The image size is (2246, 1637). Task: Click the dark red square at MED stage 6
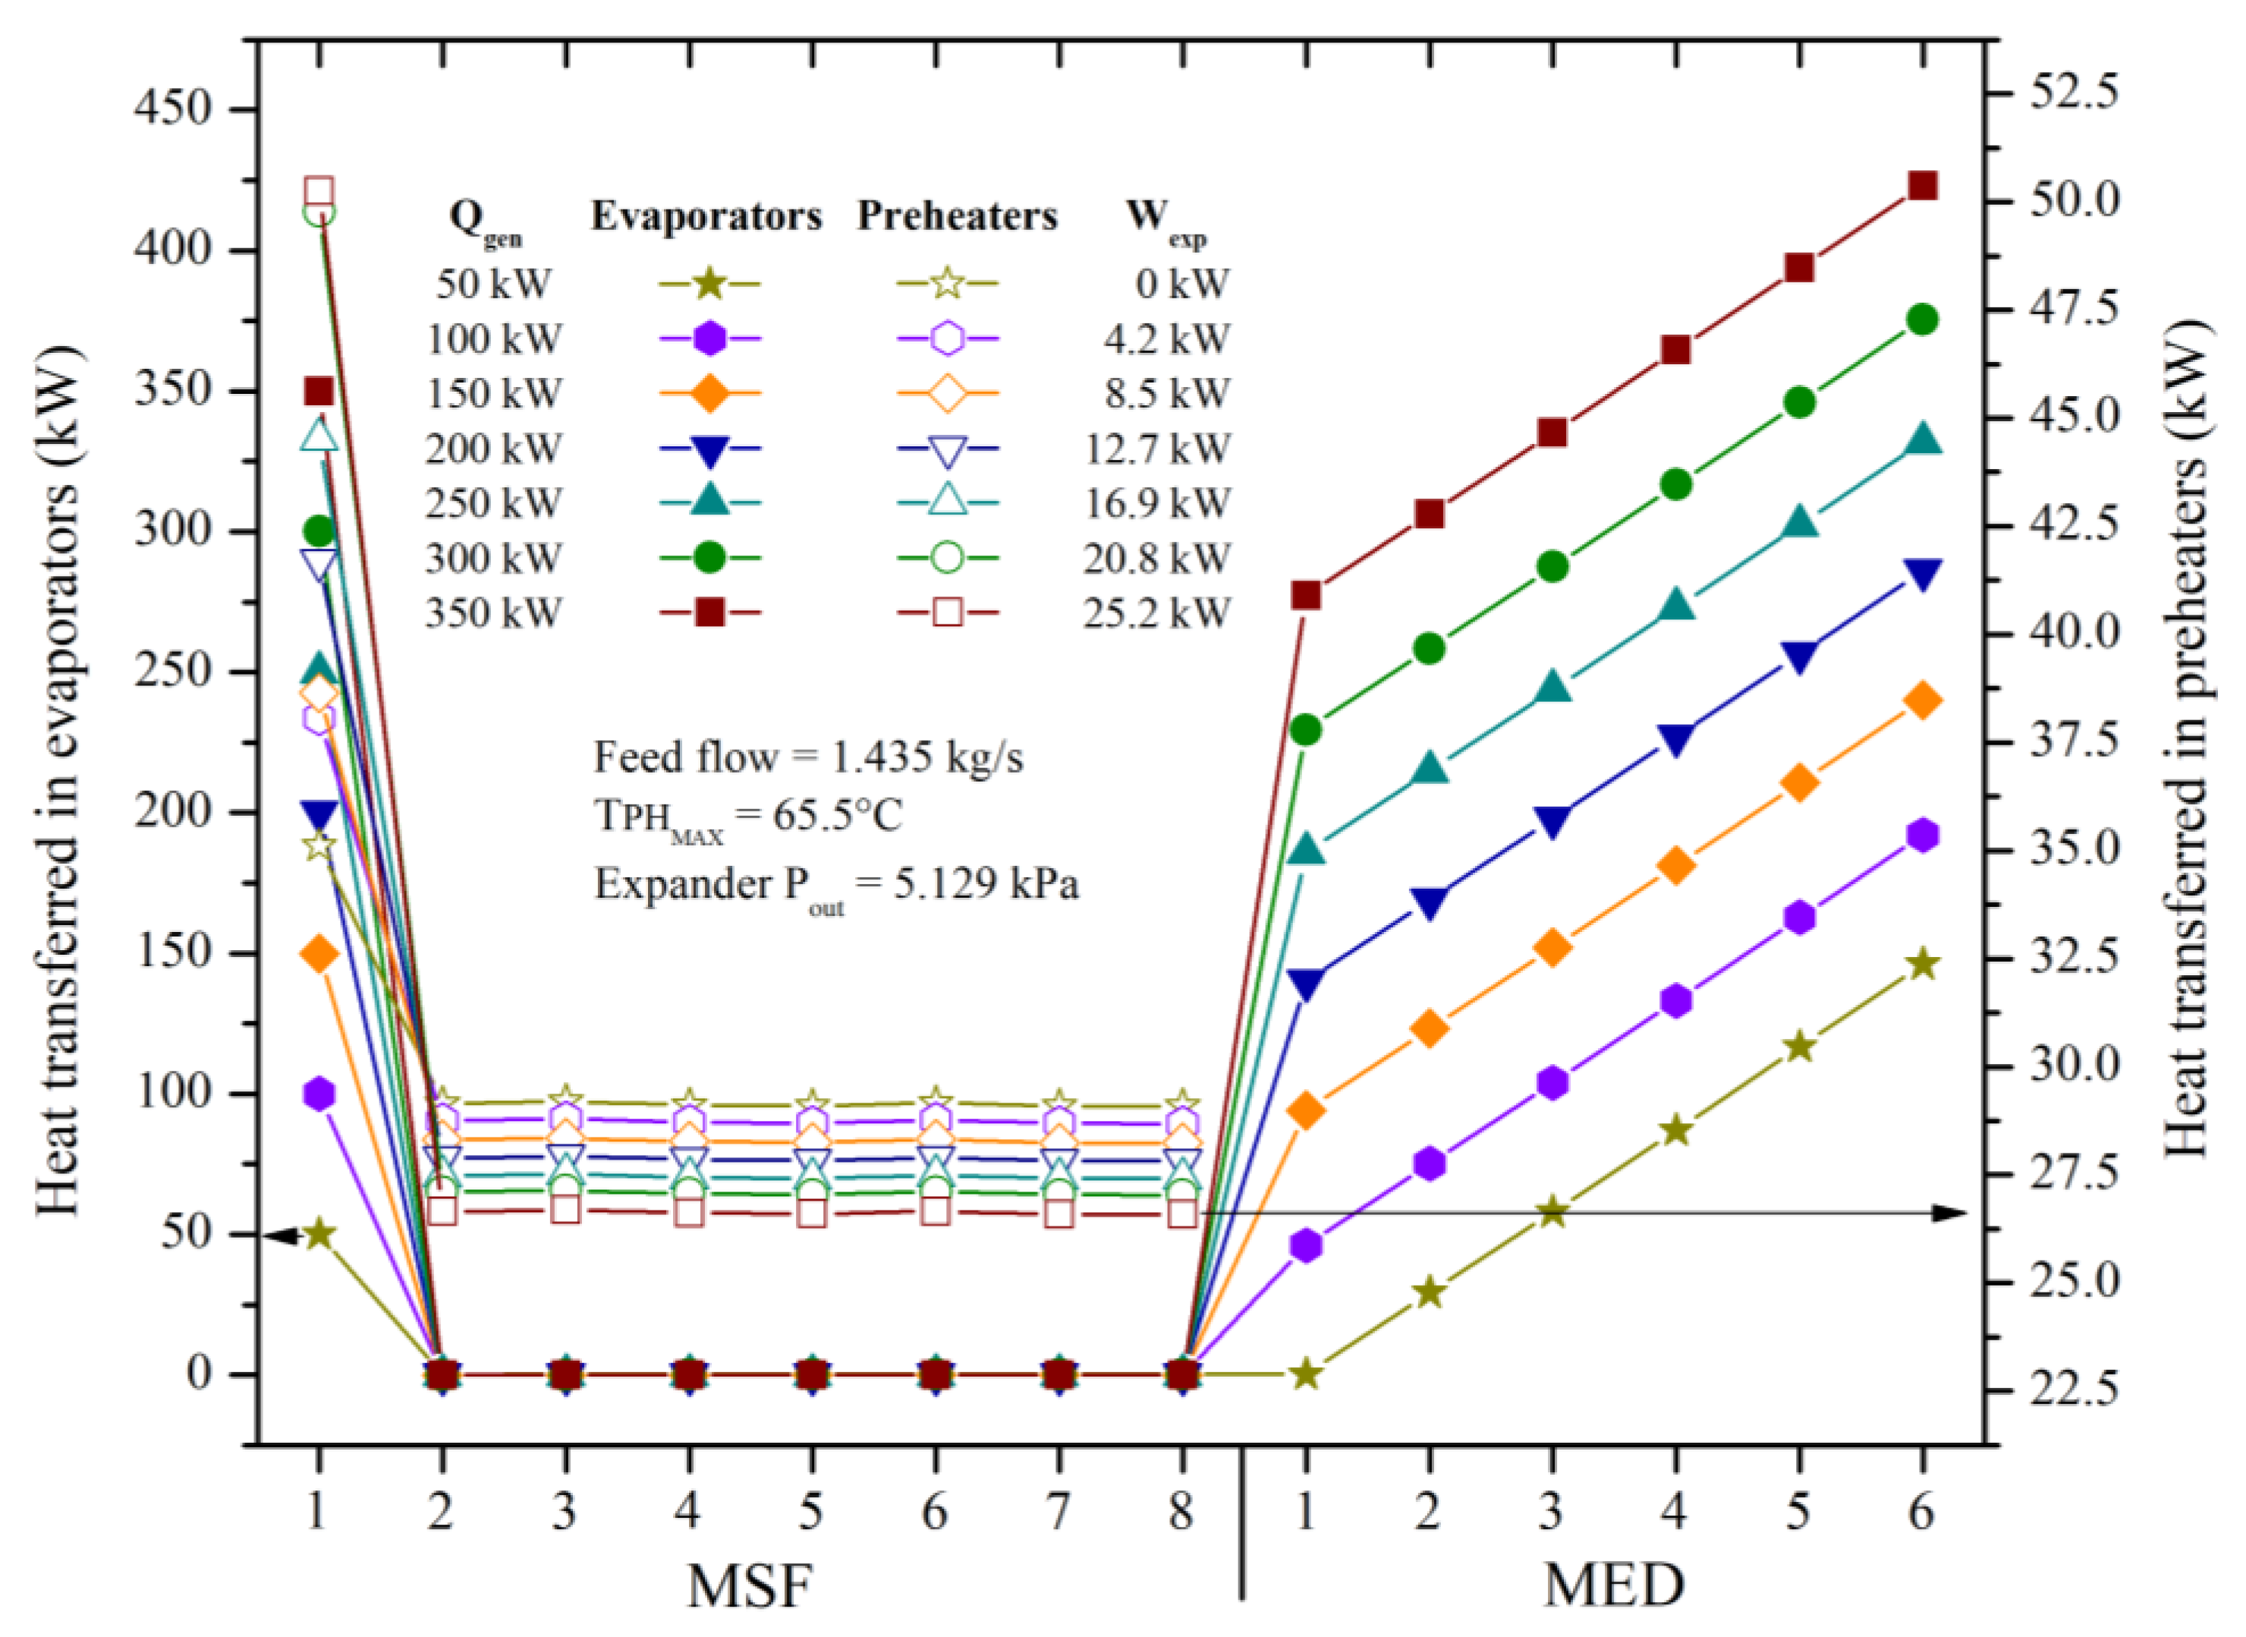1921,186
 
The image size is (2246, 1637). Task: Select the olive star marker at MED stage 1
1305,1374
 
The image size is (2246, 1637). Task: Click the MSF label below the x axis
750,1585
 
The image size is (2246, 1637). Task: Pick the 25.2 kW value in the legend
1155,613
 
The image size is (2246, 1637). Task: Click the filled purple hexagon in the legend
709,339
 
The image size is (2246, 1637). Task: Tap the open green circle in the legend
947,558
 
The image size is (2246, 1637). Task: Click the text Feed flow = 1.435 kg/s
807,758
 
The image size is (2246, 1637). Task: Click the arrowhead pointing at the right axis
1951,1212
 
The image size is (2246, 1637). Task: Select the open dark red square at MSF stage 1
318,191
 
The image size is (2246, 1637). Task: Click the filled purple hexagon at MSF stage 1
318,1094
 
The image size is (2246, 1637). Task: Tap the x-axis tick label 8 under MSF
1181,1512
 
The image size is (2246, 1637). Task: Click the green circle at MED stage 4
1675,484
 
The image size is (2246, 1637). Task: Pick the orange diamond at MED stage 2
1427,1028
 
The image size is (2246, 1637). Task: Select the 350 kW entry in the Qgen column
492,613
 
